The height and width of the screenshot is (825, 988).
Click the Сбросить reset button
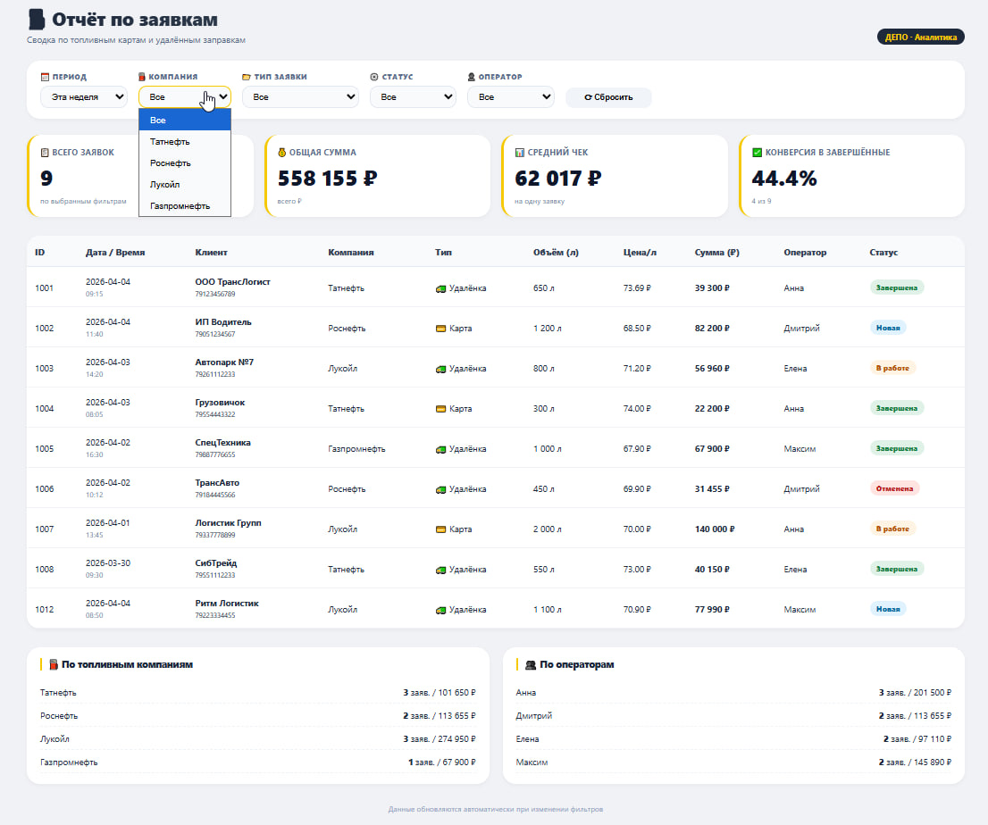(608, 97)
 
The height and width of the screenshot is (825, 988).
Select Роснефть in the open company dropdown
(170, 163)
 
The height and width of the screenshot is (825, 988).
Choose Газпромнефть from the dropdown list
(180, 206)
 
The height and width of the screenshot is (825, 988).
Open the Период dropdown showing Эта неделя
(84, 97)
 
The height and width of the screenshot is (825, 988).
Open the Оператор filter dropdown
(510, 97)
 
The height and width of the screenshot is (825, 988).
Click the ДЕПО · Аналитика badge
(921, 37)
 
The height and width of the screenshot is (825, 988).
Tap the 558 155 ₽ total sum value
(327, 179)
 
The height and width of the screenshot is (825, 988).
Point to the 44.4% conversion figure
(783, 179)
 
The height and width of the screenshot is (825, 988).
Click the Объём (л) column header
(556, 253)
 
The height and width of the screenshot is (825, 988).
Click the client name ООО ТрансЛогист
(232, 281)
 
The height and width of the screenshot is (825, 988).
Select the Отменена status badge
(894, 488)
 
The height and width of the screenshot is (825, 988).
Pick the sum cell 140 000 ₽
(715, 529)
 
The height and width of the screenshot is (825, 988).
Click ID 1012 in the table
(44, 610)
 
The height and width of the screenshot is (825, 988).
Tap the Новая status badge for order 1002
(888, 328)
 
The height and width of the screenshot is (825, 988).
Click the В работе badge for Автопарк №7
(892, 368)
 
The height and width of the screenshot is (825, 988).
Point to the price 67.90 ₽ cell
(637, 448)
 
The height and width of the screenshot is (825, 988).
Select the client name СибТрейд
(216, 563)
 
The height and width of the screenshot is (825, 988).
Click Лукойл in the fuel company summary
(54, 738)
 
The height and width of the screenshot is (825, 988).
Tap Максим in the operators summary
(532, 762)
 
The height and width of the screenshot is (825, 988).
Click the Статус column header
(883, 253)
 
